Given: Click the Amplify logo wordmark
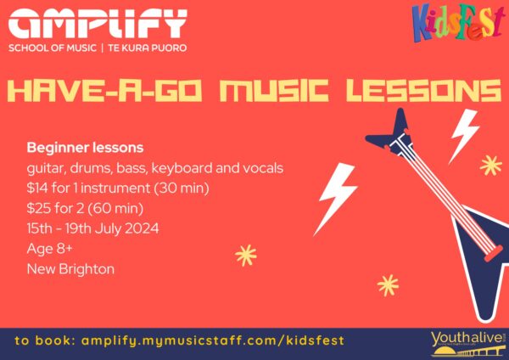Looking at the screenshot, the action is [98, 24].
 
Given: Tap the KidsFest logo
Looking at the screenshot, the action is [458, 22].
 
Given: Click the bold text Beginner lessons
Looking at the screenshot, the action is [85, 148].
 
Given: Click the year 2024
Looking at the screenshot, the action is [142, 228].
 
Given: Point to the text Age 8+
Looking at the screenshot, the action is [50, 249].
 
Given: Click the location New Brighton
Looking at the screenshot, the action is [70, 269].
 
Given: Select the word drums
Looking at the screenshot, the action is [91, 168].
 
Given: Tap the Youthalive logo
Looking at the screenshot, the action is [468, 344].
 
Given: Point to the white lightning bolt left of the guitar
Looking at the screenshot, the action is [335, 199].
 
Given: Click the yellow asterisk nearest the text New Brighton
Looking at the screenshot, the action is [246, 256].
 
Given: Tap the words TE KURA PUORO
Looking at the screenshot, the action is [148, 48].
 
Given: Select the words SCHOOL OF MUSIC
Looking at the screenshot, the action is [53, 48].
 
